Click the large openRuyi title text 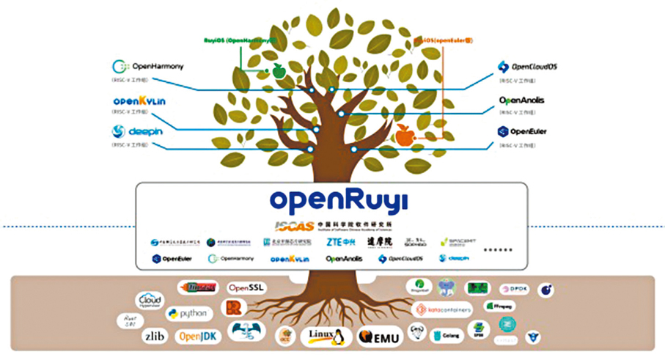[x=338, y=201]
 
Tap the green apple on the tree [x=278, y=71]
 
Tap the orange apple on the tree [x=403, y=135]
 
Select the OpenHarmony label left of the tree [x=151, y=67]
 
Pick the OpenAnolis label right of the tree [x=521, y=100]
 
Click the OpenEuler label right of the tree [x=522, y=132]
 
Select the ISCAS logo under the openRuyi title [x=338, y=225]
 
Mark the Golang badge [x=447, y=335]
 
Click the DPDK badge [x=514, y=289]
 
